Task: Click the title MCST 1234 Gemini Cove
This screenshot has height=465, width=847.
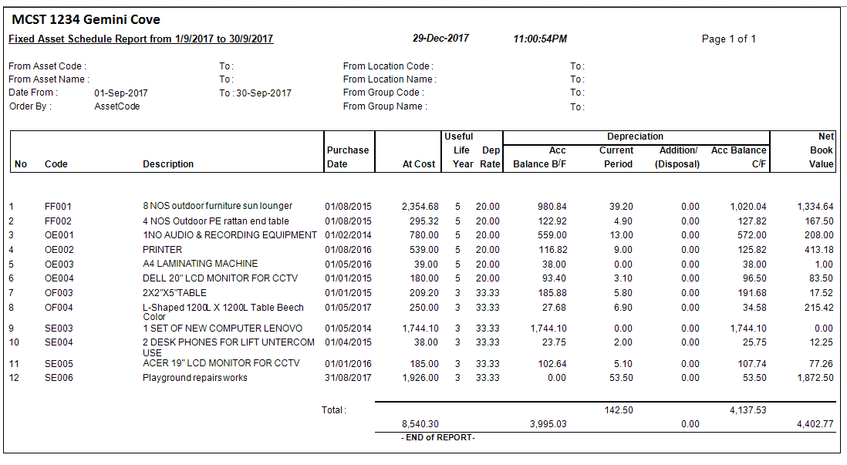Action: tap(86, 19)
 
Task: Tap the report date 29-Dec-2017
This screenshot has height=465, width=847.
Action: tap(440, 39)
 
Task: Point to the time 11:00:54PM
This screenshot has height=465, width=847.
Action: tap(540, 39)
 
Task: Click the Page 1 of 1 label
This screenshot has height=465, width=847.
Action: tap(728, 39)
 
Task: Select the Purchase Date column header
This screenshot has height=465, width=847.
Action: tap(347, 157)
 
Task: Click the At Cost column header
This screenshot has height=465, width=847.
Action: tap(419, 164)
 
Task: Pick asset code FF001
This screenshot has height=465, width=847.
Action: tap(58, 207)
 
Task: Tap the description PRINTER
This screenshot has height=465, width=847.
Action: tap(162, 250)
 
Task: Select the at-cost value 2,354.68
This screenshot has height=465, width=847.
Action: tap(420, 207)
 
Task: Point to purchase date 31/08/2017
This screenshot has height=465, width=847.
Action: tap(348, 378)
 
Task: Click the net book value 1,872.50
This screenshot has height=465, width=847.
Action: tap(815, 378)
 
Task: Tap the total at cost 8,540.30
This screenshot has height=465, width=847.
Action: tap(420, 424)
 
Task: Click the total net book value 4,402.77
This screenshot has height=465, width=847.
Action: tap(815, 424)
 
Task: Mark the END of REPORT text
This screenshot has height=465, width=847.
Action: tap(438, 438)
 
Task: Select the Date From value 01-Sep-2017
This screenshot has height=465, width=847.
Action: tap(121, 93)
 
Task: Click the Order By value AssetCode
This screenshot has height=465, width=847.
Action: tap(117, 106)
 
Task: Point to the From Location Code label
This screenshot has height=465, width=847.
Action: tap(388, 66)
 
